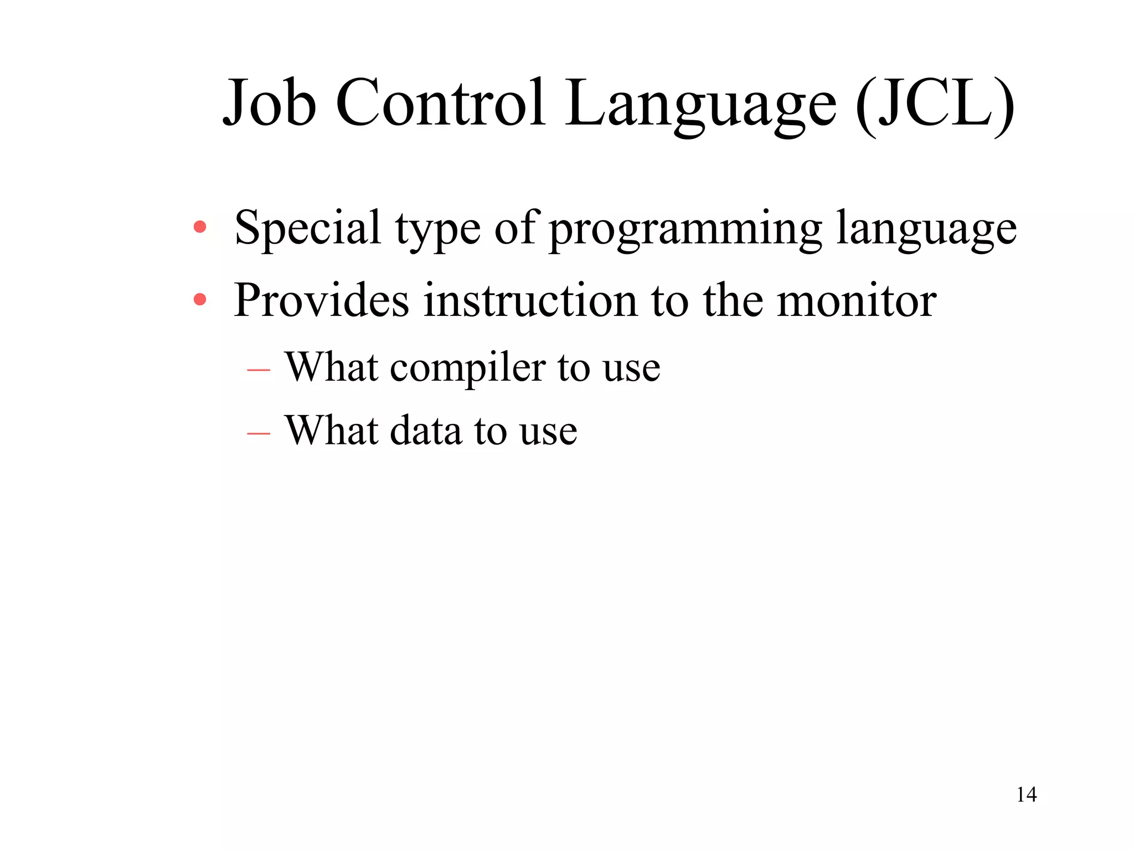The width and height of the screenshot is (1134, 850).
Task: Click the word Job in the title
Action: click(270, 103)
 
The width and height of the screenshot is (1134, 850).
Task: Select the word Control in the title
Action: click(441, 103)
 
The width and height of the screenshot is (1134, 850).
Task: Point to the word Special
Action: click(307, 227)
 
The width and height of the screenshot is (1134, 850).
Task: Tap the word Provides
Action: click(321, 300)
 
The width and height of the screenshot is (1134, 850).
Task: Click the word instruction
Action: click(530, 300)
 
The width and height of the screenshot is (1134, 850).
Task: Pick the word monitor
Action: click(857, 300)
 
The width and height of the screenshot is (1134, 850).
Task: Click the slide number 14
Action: click(1026, 795)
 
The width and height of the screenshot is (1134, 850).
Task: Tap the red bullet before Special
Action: click(200, 227)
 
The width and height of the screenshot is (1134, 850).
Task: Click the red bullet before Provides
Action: click(200, 300)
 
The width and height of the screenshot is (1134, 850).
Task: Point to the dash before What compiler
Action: click(259, 369)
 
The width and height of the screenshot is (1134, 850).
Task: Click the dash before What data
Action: click(259, 432)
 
